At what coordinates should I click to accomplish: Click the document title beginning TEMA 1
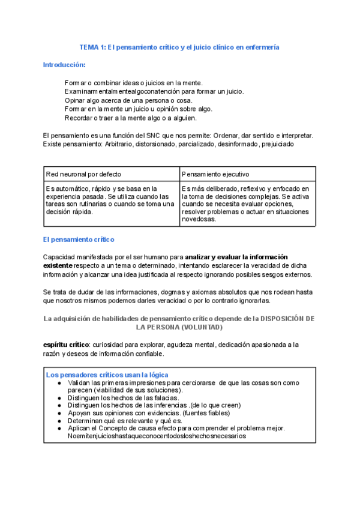coord(179,46)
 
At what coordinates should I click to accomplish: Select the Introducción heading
coord(64,64)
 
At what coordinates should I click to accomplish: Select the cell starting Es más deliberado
coord(246,203)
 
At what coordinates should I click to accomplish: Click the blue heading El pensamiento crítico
coord(79,239)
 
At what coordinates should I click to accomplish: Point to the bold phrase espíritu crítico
coord(66,345)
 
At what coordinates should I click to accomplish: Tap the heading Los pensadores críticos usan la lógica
coord(107,375)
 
